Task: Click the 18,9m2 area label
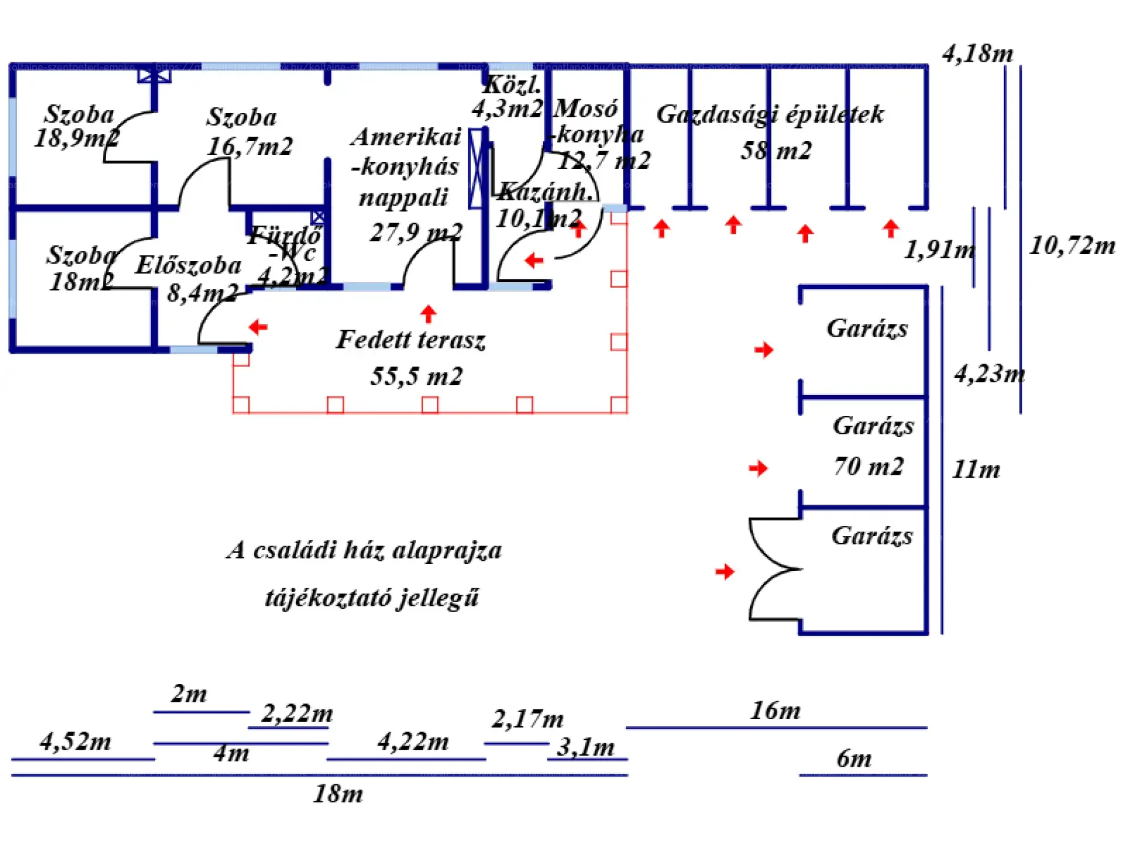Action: pos(76,139)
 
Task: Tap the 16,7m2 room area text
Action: pos(250,146)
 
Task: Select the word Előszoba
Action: pos(188,266)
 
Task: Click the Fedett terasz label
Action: pos(411,340)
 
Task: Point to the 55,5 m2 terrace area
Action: pos(417,377)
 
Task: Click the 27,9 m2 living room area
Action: pos(416,233)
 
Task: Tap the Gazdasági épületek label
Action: pos(770,115)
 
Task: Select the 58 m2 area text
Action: pos(776,151)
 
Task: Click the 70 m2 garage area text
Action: pos(868,466)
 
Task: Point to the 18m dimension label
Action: pos(338,794)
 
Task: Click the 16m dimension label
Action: pos(775,711)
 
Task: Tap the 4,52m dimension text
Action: pos(75,741)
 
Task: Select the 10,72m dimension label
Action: pos(1072,246)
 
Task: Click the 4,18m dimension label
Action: pos(978,54)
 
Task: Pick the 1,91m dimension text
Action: pos(939,250)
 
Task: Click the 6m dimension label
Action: pos(854,759)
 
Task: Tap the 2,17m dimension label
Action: pos(528,719)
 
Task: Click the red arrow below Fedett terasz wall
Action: pos(429,314)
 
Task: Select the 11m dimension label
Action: pos(976,469)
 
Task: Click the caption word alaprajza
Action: pos(447,550)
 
